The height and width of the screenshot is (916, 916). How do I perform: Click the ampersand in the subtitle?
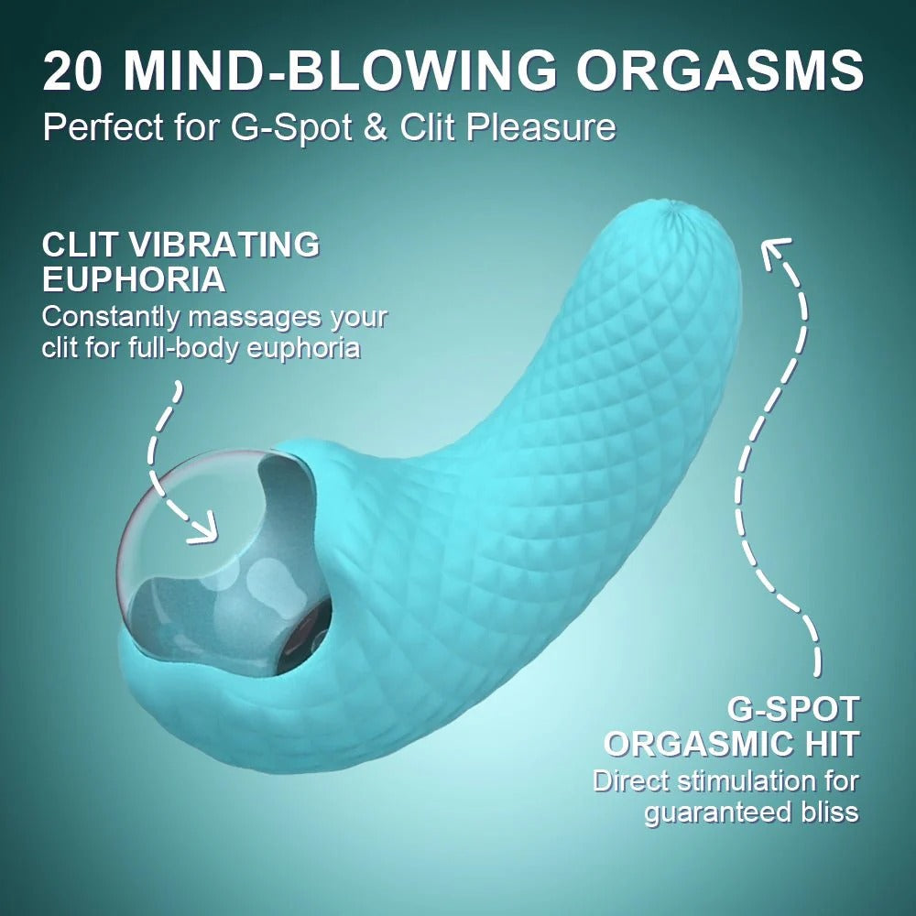coord(376,126)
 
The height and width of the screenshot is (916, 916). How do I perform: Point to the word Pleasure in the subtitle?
coord(541,126)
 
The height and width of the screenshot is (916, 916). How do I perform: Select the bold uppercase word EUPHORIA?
coord(134,279)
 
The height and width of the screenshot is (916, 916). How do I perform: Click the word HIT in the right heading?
coord(830,744)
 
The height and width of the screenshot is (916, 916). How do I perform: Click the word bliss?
coord(824,812)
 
